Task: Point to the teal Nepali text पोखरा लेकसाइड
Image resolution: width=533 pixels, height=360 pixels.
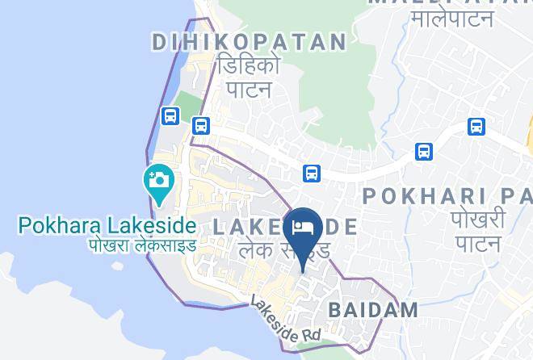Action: [142, 244]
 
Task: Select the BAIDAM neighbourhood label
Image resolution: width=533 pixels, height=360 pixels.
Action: [373, 309]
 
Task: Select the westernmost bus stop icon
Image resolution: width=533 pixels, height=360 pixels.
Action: [170, 116]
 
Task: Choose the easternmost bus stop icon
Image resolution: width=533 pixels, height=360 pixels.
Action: [476, 127]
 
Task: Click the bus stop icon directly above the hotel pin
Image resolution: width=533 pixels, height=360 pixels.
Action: [312, 173]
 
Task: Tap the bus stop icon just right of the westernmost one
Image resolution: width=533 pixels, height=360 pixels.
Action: [201, 126]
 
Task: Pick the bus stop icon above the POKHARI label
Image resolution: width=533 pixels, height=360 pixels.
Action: [423, 152]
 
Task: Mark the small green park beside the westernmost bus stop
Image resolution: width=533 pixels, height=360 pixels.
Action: [187, 107]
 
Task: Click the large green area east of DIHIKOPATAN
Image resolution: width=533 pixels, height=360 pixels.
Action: [339, 65]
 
